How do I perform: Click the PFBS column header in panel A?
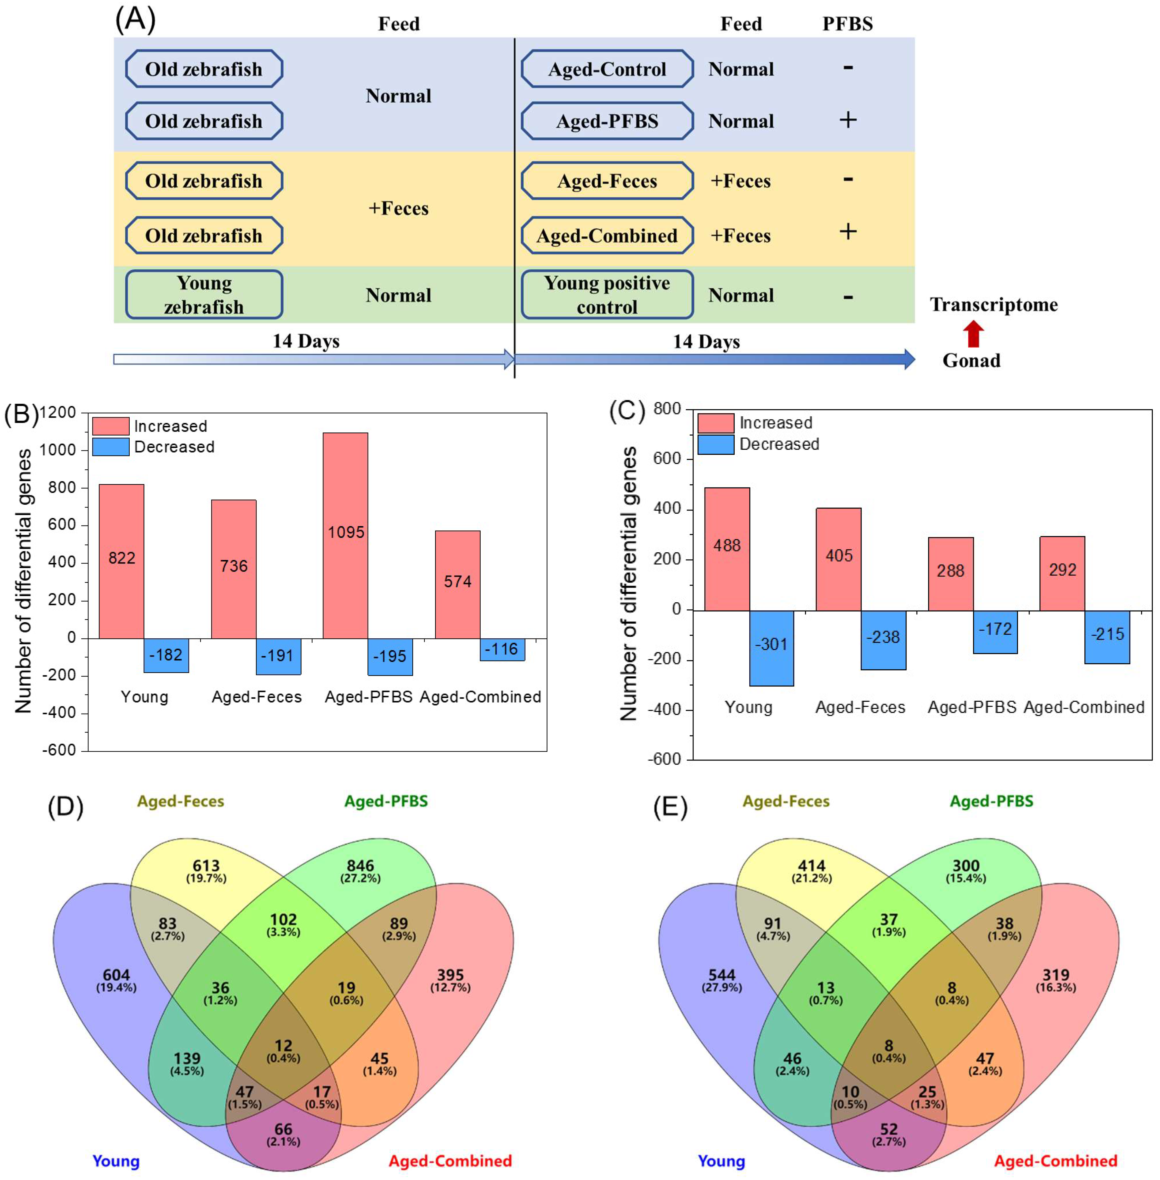pyautogui.click(x=847, y=24)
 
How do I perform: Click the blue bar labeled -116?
pyautogui.click(x=502, y=649)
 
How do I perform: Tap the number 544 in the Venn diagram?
pyautogui.click(x=722, y=975)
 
